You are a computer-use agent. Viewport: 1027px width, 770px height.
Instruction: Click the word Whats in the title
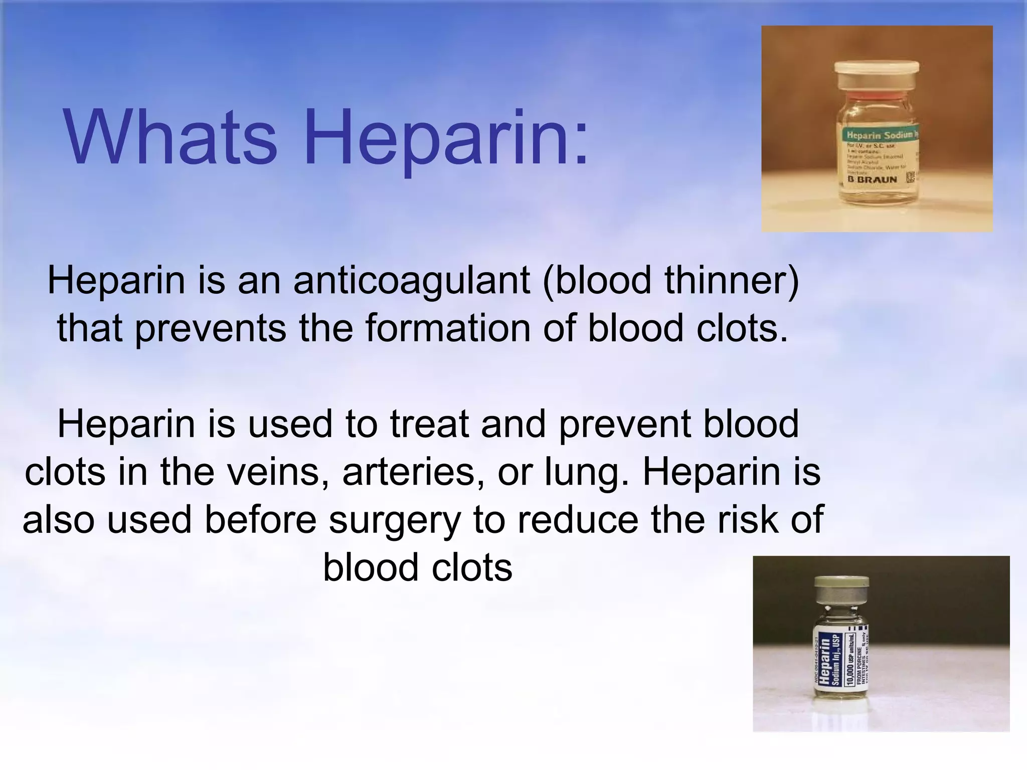click(x=170, y=137)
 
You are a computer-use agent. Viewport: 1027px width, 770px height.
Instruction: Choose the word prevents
click(x=211, y=328)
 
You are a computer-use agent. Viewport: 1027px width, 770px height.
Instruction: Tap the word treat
click(x=429, y=424)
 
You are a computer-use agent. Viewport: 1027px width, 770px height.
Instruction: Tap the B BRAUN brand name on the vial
click(x=872, y=179)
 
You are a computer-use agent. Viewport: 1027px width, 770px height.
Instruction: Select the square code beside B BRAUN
click(x=910, y=178)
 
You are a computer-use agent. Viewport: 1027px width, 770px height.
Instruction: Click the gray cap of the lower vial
click(x=841, y=588)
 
